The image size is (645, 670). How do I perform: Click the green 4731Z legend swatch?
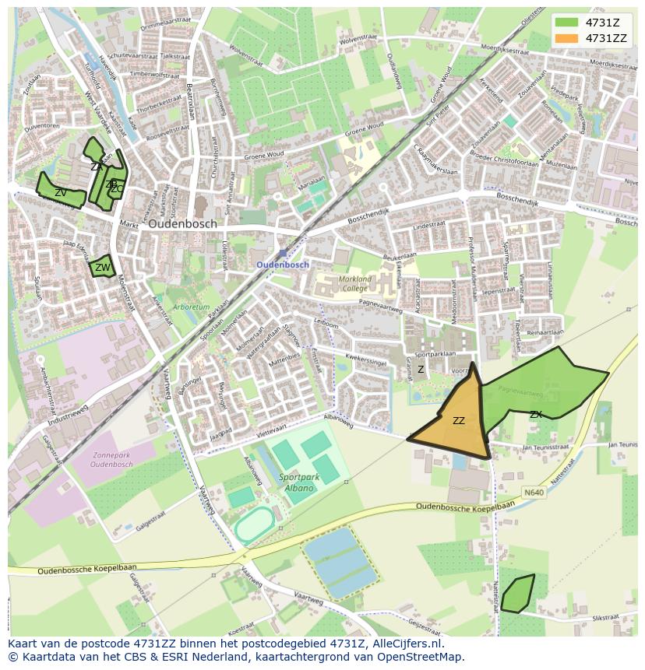pos(566,22)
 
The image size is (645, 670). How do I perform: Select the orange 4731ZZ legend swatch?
pos(566,38)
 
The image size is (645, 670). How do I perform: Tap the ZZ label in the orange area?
pos(459,421)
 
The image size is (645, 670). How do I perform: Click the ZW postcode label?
pos(102,268)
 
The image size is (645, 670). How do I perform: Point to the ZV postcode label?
pos(60,192)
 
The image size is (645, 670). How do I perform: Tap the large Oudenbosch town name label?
pos(182,223)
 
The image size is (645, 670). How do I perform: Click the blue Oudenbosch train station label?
pos(283,265)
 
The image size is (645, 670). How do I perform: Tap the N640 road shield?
pos(534,492)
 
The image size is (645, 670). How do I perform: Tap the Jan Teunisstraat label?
pos(548,447)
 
